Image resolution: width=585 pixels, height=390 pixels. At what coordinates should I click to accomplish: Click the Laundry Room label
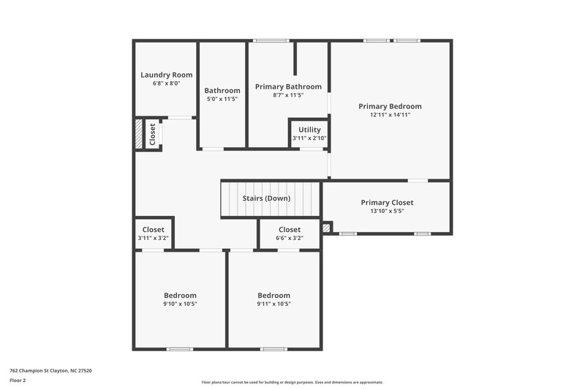point(167,75)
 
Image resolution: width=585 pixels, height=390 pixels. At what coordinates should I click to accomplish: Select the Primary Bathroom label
point(288,86)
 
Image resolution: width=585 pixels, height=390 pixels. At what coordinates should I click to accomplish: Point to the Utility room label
point(309,130)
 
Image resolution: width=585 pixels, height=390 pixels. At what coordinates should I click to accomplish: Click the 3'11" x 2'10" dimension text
point(309,138)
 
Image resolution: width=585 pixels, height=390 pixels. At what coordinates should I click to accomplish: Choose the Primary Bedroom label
point(390,106)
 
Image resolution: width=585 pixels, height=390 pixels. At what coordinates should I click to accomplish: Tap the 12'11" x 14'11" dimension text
point(390,115)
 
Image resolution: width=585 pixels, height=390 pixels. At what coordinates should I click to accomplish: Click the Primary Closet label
point(387,203)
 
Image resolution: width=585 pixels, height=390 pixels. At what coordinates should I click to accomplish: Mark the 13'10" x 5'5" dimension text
point(387,211)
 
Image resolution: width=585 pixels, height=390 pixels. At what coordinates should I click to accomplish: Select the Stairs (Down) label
point(266,198)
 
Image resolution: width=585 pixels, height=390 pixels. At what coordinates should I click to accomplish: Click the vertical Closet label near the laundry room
point(152,135)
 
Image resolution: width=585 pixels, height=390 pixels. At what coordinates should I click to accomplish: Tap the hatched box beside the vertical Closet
point(138,135)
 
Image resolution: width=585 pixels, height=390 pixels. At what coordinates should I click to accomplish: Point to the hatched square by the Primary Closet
point(326,228)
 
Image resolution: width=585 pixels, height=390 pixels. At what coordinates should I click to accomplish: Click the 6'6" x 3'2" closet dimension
point(290,238)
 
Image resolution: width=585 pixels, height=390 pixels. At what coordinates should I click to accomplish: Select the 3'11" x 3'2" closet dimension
point(154,238)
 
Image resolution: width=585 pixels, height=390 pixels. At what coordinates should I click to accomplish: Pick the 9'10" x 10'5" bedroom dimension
point(180,304)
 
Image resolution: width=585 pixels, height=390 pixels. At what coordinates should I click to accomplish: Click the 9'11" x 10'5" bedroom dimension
point(274,304)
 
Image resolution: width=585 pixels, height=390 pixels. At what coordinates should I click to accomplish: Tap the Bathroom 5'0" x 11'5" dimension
point(222,99)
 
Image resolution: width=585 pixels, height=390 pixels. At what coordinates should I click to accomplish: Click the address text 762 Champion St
point(50,370)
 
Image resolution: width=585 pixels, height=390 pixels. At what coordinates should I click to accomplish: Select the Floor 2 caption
point(18,380)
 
